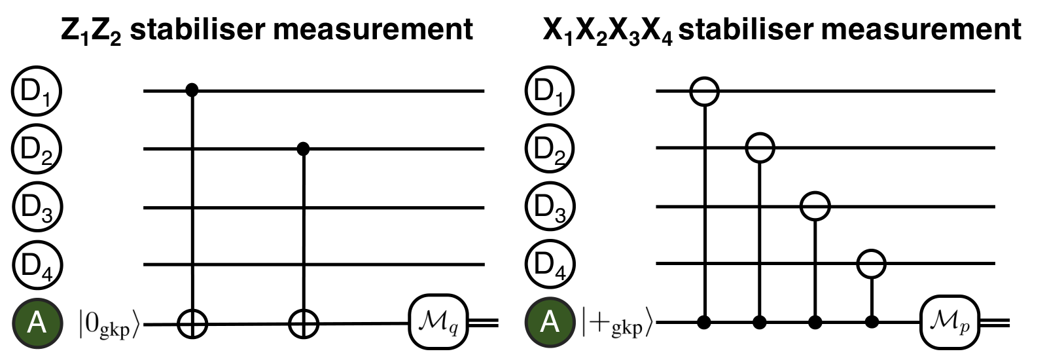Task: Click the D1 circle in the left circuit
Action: [37, 91]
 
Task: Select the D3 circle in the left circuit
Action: [37, 207]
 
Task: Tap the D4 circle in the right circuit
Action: [550, 264]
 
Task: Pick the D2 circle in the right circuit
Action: [549, 149]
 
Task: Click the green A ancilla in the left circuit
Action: [37, 323]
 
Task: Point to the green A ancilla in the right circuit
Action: [550, 322]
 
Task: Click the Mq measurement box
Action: [438, 322]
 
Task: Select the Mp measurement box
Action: [949, 322]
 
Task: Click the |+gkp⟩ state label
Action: [616, 323]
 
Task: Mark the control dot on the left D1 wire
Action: [192, 90]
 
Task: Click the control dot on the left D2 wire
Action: [304, 149]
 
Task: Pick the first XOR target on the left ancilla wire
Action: [192, 323]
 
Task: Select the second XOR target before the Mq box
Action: [304, 323]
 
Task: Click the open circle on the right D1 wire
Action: [704, 92]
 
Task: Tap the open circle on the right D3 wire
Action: [815, 206]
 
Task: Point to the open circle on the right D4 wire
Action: [871, 264]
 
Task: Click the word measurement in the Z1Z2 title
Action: [373, 29]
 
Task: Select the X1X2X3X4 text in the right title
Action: [608, 31]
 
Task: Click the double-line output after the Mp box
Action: [995, 322]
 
